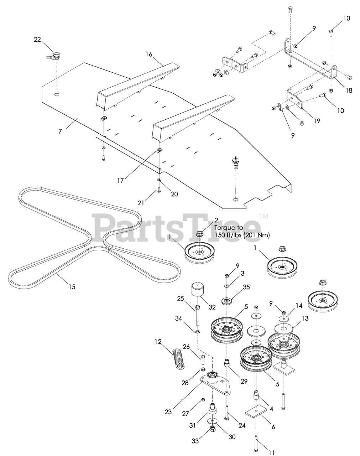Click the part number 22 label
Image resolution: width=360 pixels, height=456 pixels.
37,40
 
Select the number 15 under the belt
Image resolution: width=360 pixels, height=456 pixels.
72,286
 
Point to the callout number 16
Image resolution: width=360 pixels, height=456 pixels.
149,54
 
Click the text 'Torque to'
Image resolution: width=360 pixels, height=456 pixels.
229,228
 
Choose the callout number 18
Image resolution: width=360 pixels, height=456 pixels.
349,90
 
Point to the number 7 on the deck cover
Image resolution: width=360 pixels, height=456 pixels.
60,131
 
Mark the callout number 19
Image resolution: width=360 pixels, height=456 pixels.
316,121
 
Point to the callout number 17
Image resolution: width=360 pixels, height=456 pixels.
120,181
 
